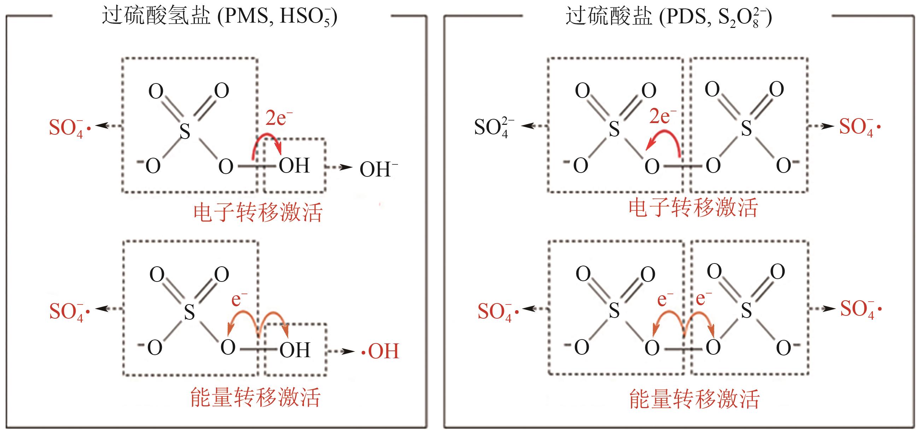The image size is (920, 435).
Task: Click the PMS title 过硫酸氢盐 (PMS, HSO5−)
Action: click(x=219, y=16)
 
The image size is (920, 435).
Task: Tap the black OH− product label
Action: click(x=378, y=169)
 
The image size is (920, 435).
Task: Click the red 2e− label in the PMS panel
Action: click(x=279, y=118)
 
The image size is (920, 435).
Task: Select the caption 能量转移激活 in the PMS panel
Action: click(x=255, y=397)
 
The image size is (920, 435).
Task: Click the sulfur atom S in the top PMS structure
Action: click(x=184, y=131)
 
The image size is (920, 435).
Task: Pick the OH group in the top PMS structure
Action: click(x=294, y=166)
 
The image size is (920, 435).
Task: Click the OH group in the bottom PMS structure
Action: click(x=295, y=350)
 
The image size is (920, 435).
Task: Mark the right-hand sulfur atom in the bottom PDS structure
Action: click(x=746, y=310)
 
